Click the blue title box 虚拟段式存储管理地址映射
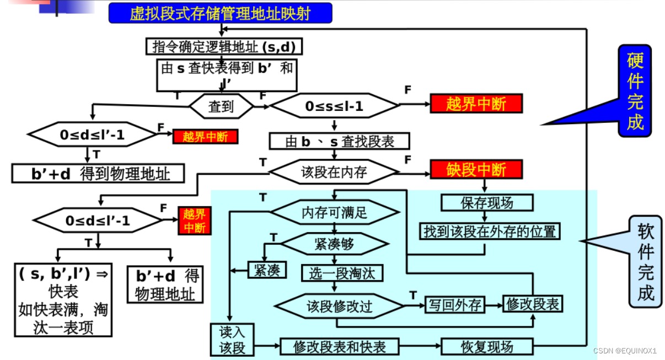point(220,13)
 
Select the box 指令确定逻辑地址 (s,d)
point(224,46)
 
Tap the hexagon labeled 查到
point(221,106)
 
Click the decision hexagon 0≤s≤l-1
point(334,106)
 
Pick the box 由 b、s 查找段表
point(339,141)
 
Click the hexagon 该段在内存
point(334,172)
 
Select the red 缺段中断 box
point(476,169)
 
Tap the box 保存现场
point(487,202)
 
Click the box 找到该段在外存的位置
point(490,231)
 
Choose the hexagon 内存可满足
point(334,212)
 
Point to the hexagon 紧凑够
point(334,243)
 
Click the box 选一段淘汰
point(342,272)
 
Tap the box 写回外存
point(455,305)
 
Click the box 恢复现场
point(487,346)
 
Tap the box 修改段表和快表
point(339,346)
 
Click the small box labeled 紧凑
point(267,270)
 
